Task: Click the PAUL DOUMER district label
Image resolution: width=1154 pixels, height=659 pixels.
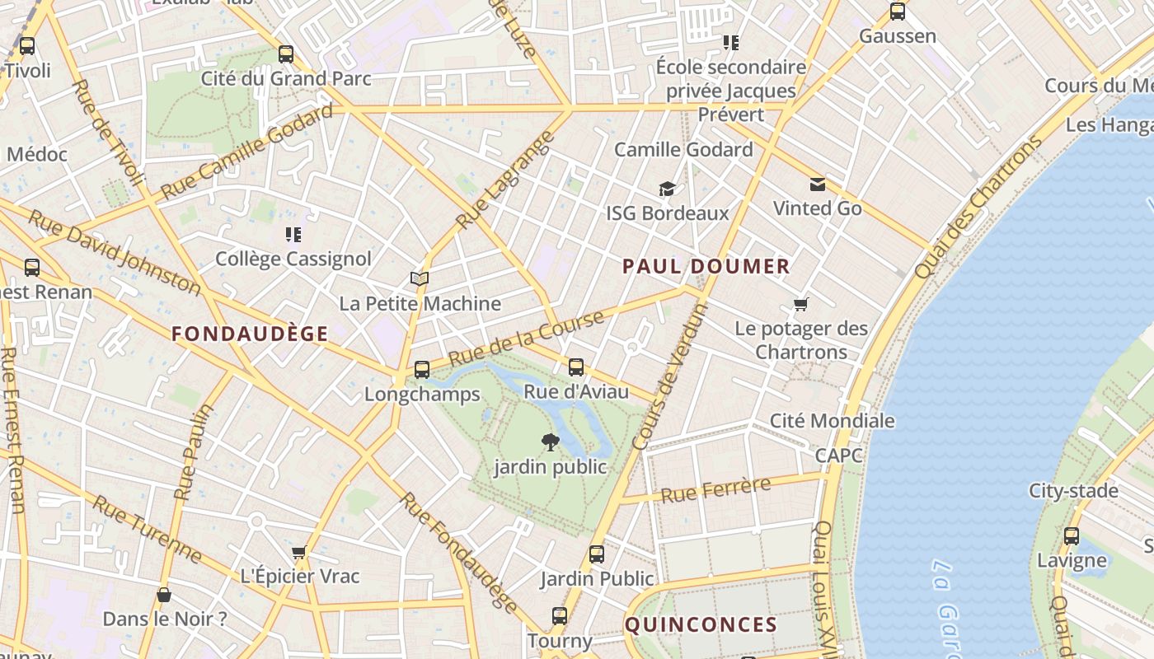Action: (x=706, y=266)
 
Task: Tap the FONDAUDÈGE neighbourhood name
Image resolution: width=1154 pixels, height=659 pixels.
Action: (x=250, y=334)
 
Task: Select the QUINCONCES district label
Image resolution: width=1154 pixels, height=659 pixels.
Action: (x=701, y=624)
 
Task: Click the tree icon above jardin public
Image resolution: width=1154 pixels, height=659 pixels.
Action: (x=550, y=442)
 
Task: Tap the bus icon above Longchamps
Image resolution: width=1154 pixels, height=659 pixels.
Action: (x=422, y=369)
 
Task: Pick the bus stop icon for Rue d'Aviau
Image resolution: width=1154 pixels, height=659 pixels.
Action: (x=576, y=367)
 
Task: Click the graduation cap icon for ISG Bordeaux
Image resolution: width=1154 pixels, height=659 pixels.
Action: (x=667, y=189)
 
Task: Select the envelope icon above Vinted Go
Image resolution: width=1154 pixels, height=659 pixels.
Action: (x=817, y=184)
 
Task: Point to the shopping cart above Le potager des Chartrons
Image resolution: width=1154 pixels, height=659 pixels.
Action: (x=801, y=305)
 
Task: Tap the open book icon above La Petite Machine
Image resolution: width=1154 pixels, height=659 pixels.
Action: (x=420, y=279)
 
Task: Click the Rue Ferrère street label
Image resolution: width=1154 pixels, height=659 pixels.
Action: (x=715, y=490)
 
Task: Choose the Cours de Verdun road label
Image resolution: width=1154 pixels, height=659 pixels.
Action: (x=670, y=377)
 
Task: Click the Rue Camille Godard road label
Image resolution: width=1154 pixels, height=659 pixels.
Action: (x=246, y=152)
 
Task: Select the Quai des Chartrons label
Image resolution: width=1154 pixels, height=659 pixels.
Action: (x=978, y=207)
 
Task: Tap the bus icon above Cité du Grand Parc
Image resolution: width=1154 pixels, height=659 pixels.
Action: (x=286, y=54)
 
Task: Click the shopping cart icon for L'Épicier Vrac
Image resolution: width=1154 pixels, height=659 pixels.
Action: (x=299, y=552)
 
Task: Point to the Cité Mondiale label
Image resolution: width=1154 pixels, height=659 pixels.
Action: (x=832, y=421)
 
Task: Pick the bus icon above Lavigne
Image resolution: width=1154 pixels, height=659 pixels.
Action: (x=1071, y=536)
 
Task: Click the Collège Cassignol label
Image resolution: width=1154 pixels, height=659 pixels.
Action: (x=293, y=259)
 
